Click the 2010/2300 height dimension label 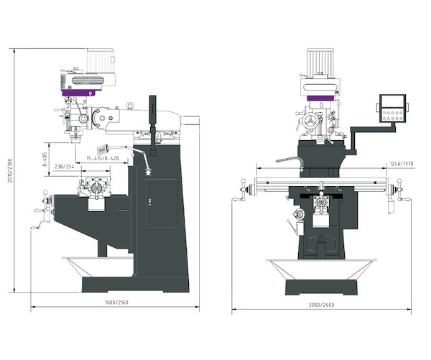pos(10,170)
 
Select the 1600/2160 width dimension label pos(116,303)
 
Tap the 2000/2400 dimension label pos(321,305)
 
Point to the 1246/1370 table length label pos(402,164)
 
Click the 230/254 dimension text pos(65,167)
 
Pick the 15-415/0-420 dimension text pos(103,158)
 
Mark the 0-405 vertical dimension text pos(44,160)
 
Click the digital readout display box pos(392,109)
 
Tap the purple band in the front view pos(320,98)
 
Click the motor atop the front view pos(320,63)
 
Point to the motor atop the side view pos(100,60)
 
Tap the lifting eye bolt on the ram pos(130,106)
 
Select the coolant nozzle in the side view pos(102,149)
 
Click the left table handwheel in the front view pos(244,190)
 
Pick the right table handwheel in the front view pos(400,190)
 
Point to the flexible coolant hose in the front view pos(287,160)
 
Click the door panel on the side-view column pos(162,203)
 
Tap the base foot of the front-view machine pos(321,287)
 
